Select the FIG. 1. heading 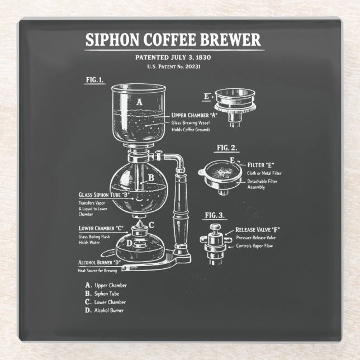pyautogui.click(x=95, y=79)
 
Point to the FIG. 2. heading pyautogui.click(x=226, y=148)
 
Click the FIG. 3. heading pyautogui.click(x=215, y=215)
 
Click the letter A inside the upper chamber pyautogui.click(x=140, y=102)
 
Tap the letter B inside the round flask pyautogui.click(x=150, y=179)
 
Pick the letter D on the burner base pyautogui.click(x=129, y=243)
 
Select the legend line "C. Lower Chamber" pyautogui.click(x=106, y=302)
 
